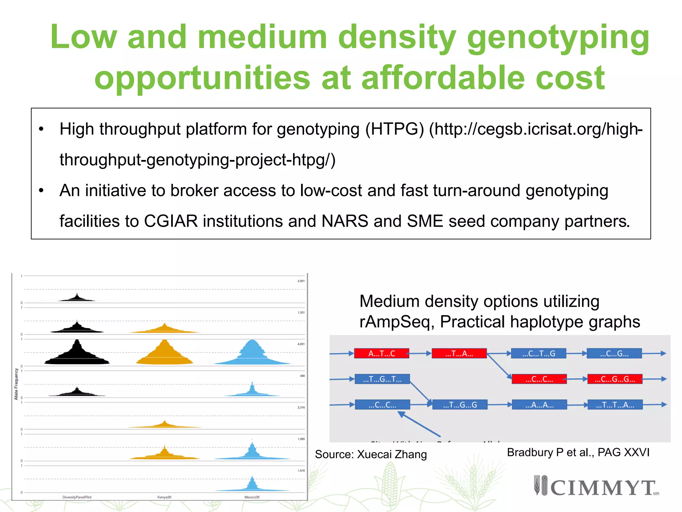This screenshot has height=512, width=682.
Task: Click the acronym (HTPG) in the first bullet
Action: click(x=395, y=129)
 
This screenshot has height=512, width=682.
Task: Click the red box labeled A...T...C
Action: click(x=382, y=354)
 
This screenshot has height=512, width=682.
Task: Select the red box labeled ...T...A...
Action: click(x=459, y=354)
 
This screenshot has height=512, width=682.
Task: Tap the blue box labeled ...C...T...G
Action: click(x=538, y=354)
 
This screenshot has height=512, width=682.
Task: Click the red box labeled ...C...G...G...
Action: click(x=615, y=379)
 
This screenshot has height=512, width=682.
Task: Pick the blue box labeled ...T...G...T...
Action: click(x=382, y=379)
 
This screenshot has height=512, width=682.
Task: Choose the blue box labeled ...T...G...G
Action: click(x=460, y=405)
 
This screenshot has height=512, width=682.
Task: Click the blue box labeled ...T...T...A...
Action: click(x=615, y=405)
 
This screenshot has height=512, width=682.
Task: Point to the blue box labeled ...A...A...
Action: click(x=539, y=405)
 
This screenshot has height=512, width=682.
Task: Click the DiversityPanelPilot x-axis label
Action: click(x=77, y=497)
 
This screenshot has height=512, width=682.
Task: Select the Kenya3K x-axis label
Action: click(x=165, y=497)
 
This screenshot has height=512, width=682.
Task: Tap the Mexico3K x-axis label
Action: click(x=252, y=497)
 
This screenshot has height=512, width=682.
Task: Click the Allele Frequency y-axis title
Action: click(x=16, y=384)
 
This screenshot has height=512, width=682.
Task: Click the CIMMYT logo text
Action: click(x=603, y=488)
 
